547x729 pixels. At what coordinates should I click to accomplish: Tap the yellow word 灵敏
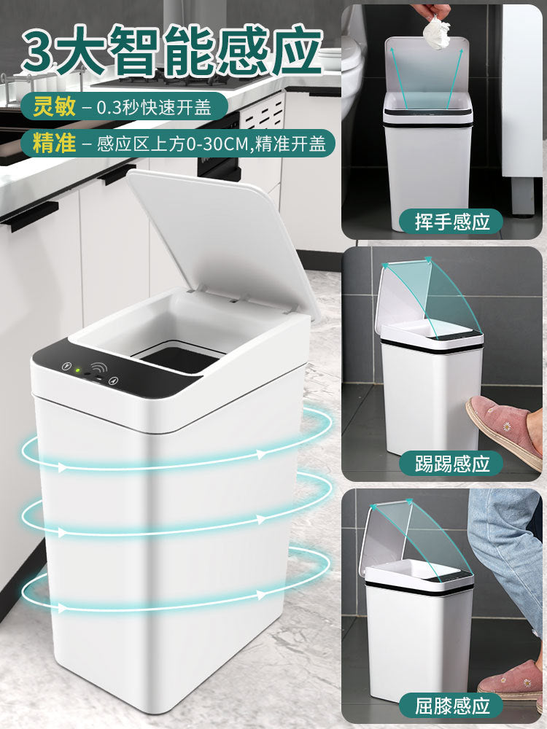pyautogui.click(x=53, y=109)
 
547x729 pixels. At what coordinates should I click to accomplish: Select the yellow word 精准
pyautogui.click(x=53, y=143)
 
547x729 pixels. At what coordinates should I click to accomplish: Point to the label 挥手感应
pyautogui.click(x=452, y=221)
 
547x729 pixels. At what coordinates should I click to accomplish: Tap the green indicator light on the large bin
pyautogui.click(x=77, y=370)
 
